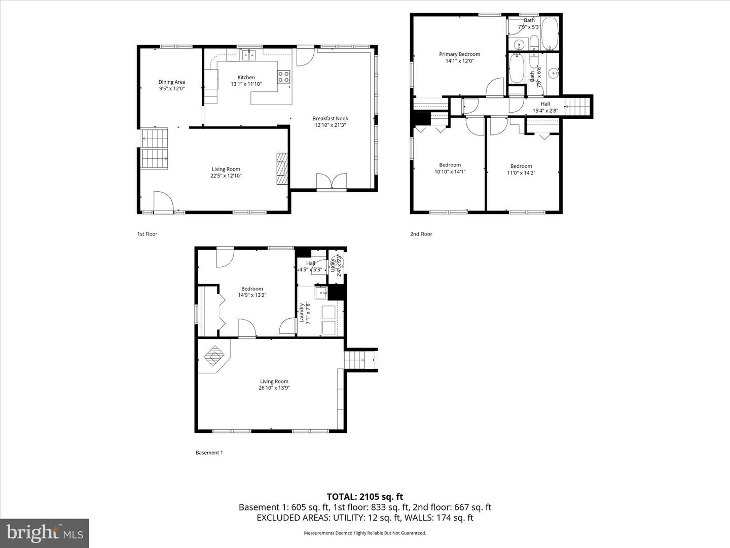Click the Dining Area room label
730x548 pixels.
pyautogui.click(x=171, y=82)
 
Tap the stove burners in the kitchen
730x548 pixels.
pyautogui.click(x=283, y=77)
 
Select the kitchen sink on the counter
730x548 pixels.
pyautogui.click(x=249, y=55)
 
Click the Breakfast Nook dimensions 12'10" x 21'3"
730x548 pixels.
pyautogui.click(x=330, y=125)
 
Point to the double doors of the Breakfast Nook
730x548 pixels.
pyautogui.click(x=332, y=182)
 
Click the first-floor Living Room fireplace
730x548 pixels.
pyautogui.click(x=282, y=169)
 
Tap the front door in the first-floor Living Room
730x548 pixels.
pyautogui.click(x=163, y=201)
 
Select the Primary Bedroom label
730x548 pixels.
pyautogui.click(x=459, y=54)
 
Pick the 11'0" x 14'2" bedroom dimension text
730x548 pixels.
pyautogui.click(x=521, y=173)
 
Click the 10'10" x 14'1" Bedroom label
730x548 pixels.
pyautogui.click(x=450, y=165)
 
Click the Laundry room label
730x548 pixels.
pyautogui.click(x=302, y=313)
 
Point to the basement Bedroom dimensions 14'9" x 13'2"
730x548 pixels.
pyautogui.click(x=252, y=295)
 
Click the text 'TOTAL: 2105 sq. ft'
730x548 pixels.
pyautogui.click(x=364, y=497)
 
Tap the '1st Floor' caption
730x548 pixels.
pyautogui.click(x=148, y=234)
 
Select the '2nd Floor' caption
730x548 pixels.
pyautogui.click(x=421, y=234)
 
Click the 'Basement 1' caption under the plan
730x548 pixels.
pyautogui.click(x=209, y=453)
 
